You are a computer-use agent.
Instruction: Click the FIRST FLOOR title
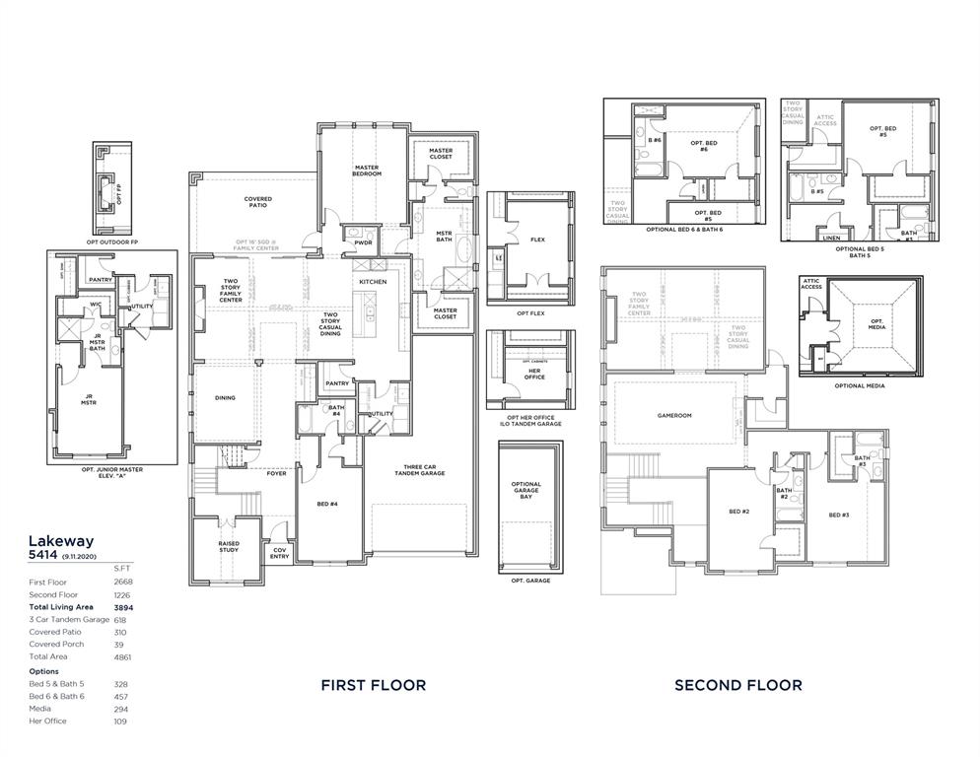click(374, 685)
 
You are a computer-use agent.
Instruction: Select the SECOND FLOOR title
click(737, 685)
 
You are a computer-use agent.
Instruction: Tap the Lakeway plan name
click(60, 540)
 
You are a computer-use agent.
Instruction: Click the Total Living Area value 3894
click(122, 608)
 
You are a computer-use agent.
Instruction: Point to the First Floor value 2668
click(122, 583)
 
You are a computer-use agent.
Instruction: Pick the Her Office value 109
click(120, 720)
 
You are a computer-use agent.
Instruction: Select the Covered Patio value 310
click(120, 632)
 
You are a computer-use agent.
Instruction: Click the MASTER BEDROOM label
click(367, 171)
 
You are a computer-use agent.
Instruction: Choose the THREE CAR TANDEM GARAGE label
click(425, 470)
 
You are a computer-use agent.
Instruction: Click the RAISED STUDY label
click(229, 546)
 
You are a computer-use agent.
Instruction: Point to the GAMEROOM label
click(674, 415)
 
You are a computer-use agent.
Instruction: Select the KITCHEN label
click(373, 282)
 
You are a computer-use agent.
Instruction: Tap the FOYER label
click(277, 473)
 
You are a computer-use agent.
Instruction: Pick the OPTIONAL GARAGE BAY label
click(526, 490)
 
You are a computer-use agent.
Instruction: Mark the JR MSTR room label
click(89, 401)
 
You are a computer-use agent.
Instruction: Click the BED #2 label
click(739, 512)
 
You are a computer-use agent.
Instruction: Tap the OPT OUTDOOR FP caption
click(112, 241)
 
